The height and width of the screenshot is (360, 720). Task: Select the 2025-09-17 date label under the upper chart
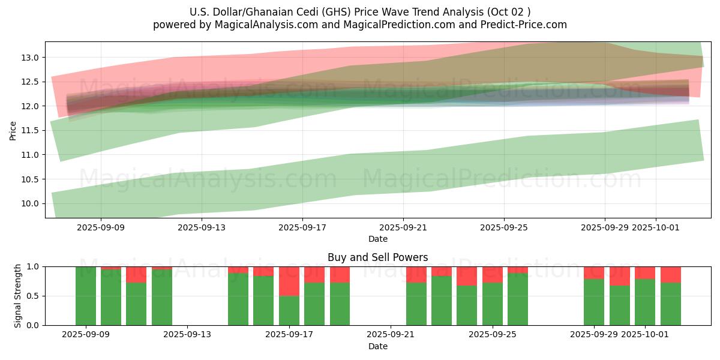[x=302, y=227]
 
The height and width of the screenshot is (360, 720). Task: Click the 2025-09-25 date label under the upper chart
[x=503, y=227]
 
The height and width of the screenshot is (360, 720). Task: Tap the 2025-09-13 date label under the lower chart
[x=188, y=335]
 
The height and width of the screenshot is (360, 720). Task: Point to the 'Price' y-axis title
[x=13, y=130]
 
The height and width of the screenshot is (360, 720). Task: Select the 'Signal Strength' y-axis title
[x=18, y=296]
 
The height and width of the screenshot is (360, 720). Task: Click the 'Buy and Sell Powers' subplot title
[x=378, y=257]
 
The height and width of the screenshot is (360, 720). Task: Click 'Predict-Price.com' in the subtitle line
[x=528, y=25]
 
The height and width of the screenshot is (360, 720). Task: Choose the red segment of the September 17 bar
[x=289, y=281]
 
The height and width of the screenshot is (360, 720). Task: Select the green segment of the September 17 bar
[x=289, y=310]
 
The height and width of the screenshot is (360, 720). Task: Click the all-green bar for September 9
[x=86, y=296]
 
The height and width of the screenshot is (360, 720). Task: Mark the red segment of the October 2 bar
[x=671, y=275]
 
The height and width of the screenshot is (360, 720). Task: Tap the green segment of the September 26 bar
[x=518, y=299]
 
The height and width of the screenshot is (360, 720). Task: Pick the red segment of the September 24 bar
[x=467, y=276]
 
